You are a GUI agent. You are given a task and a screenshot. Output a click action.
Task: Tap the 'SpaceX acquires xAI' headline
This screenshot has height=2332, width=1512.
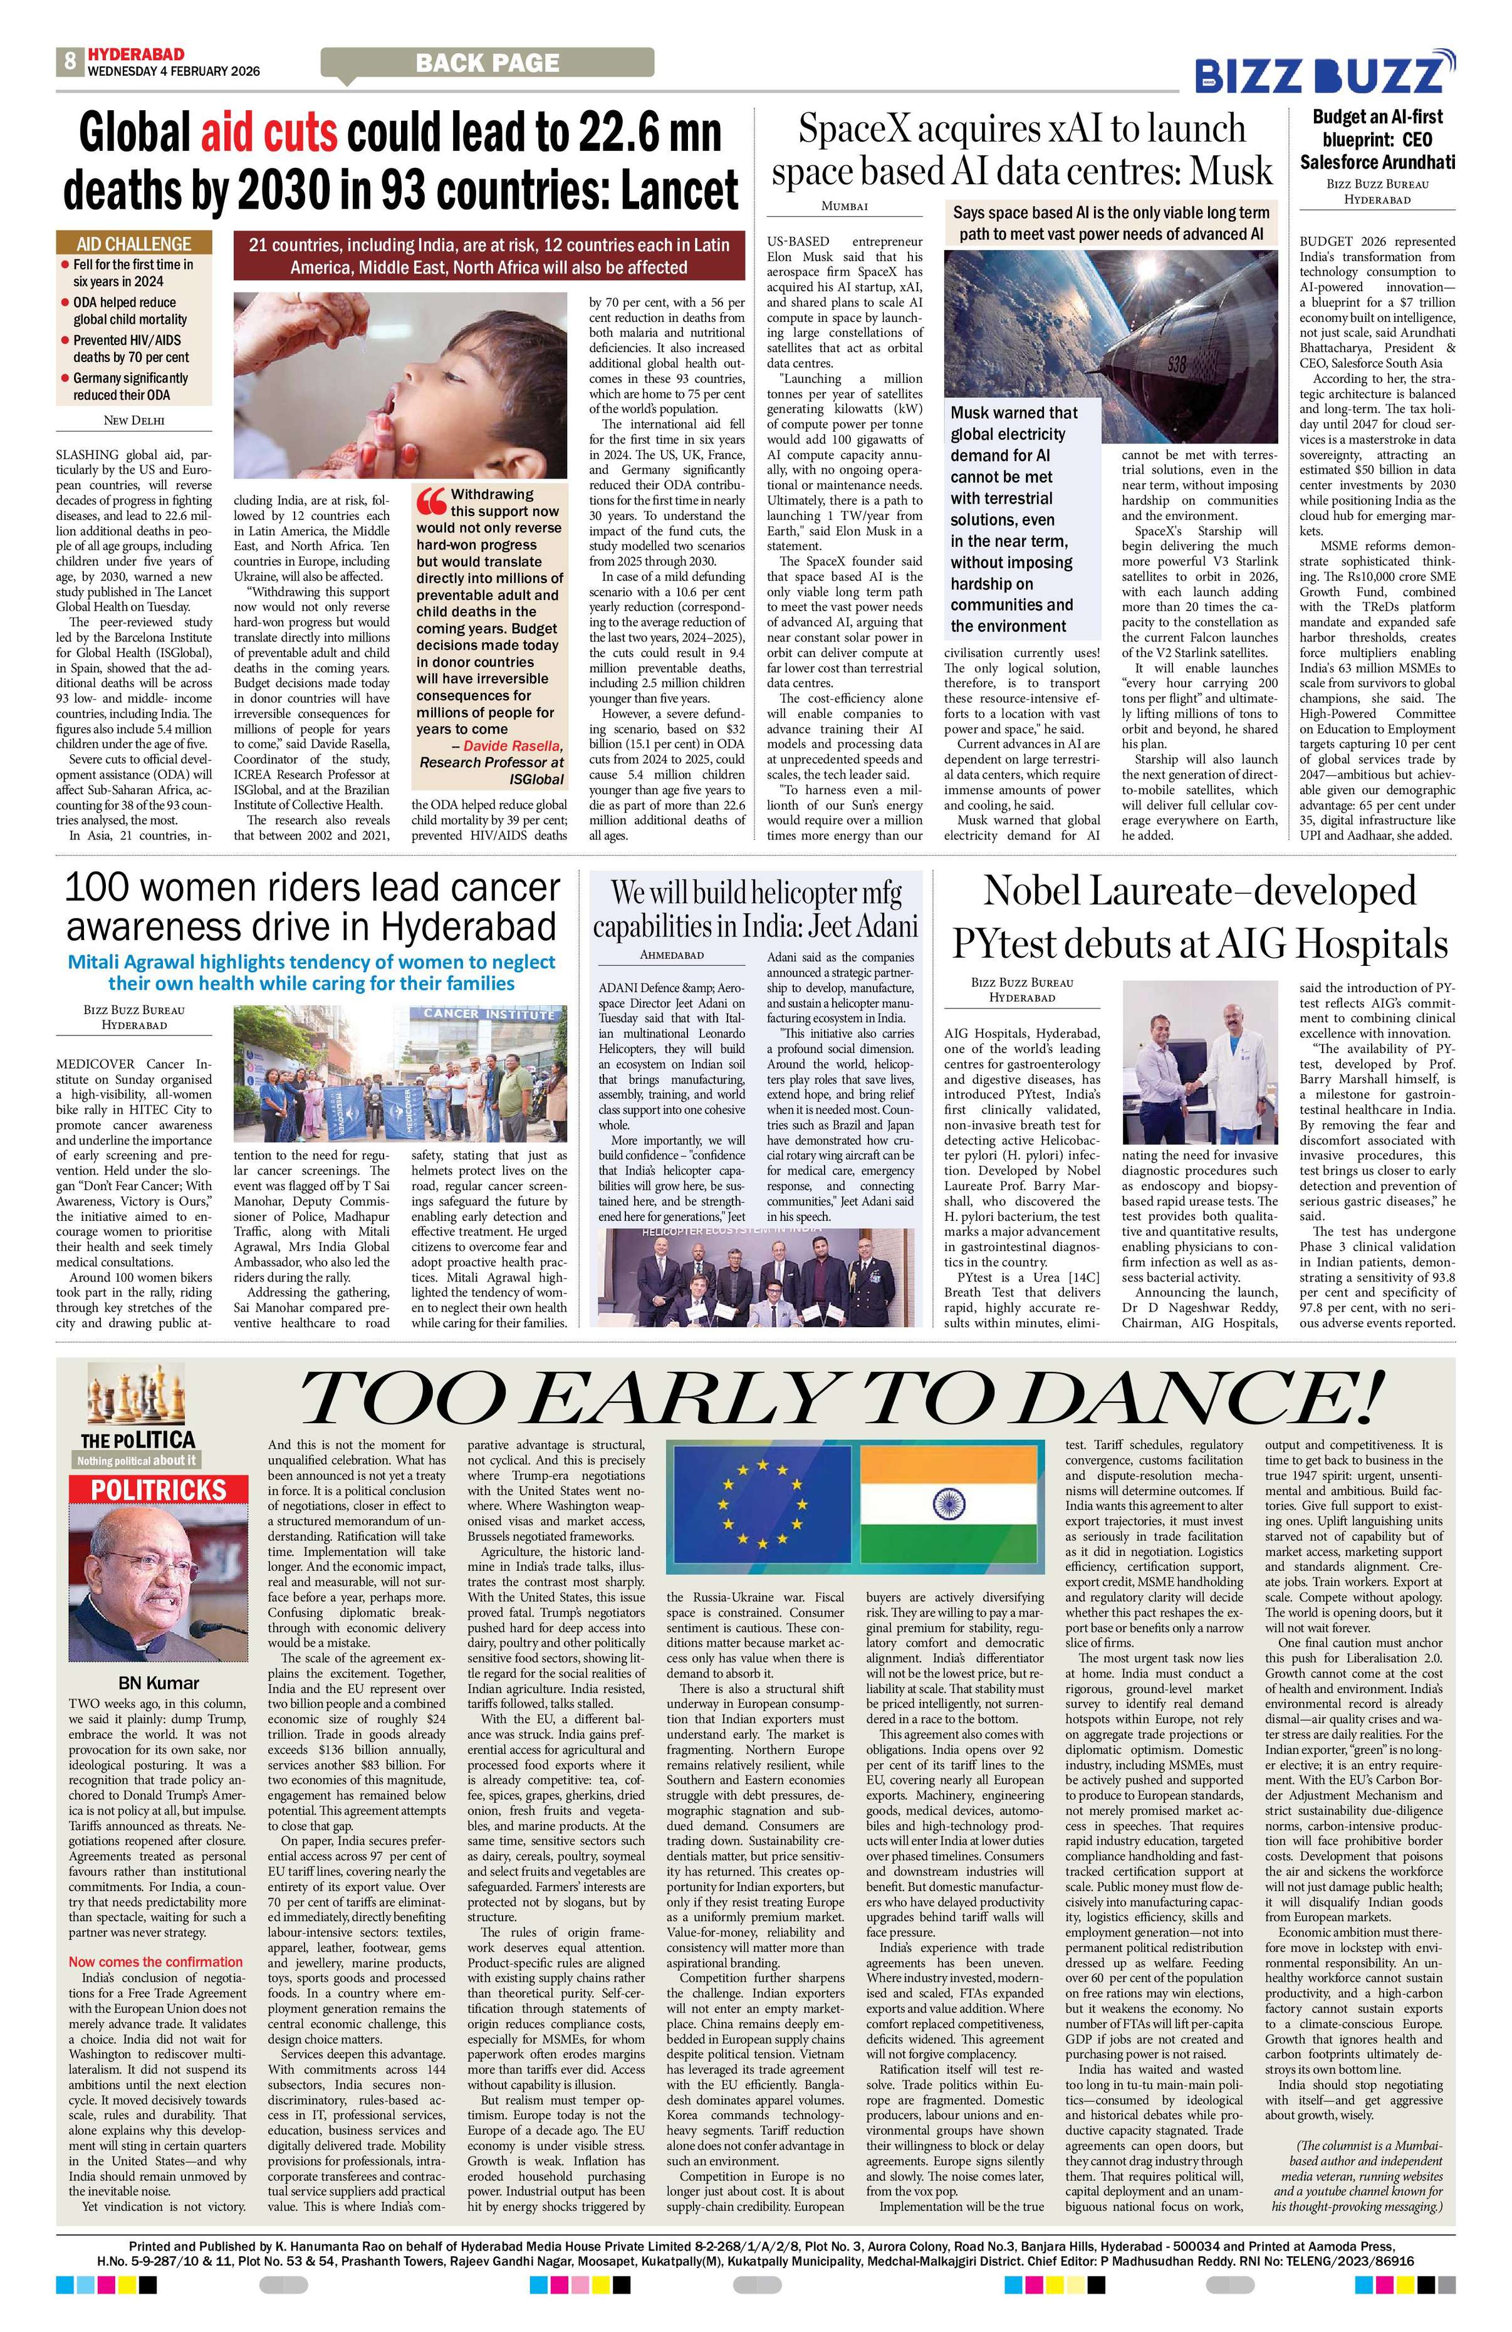coord(1021,150)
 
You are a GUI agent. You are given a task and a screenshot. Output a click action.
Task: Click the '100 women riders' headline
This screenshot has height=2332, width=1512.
coord(311,906)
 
